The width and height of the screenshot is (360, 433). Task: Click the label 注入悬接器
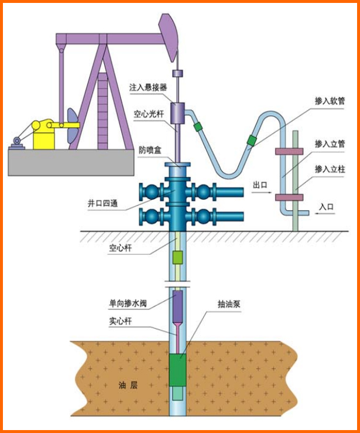click(148, 87)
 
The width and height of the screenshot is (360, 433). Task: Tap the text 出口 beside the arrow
click(259, 185)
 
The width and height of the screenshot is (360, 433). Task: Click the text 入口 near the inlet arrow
click(326, 206)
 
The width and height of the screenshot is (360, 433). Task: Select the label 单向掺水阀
click(127, 304)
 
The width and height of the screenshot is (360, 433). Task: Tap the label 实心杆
click(119, 322)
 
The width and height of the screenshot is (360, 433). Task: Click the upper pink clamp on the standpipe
click(288, 152)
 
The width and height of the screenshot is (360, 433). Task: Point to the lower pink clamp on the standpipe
click(289, 197)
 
